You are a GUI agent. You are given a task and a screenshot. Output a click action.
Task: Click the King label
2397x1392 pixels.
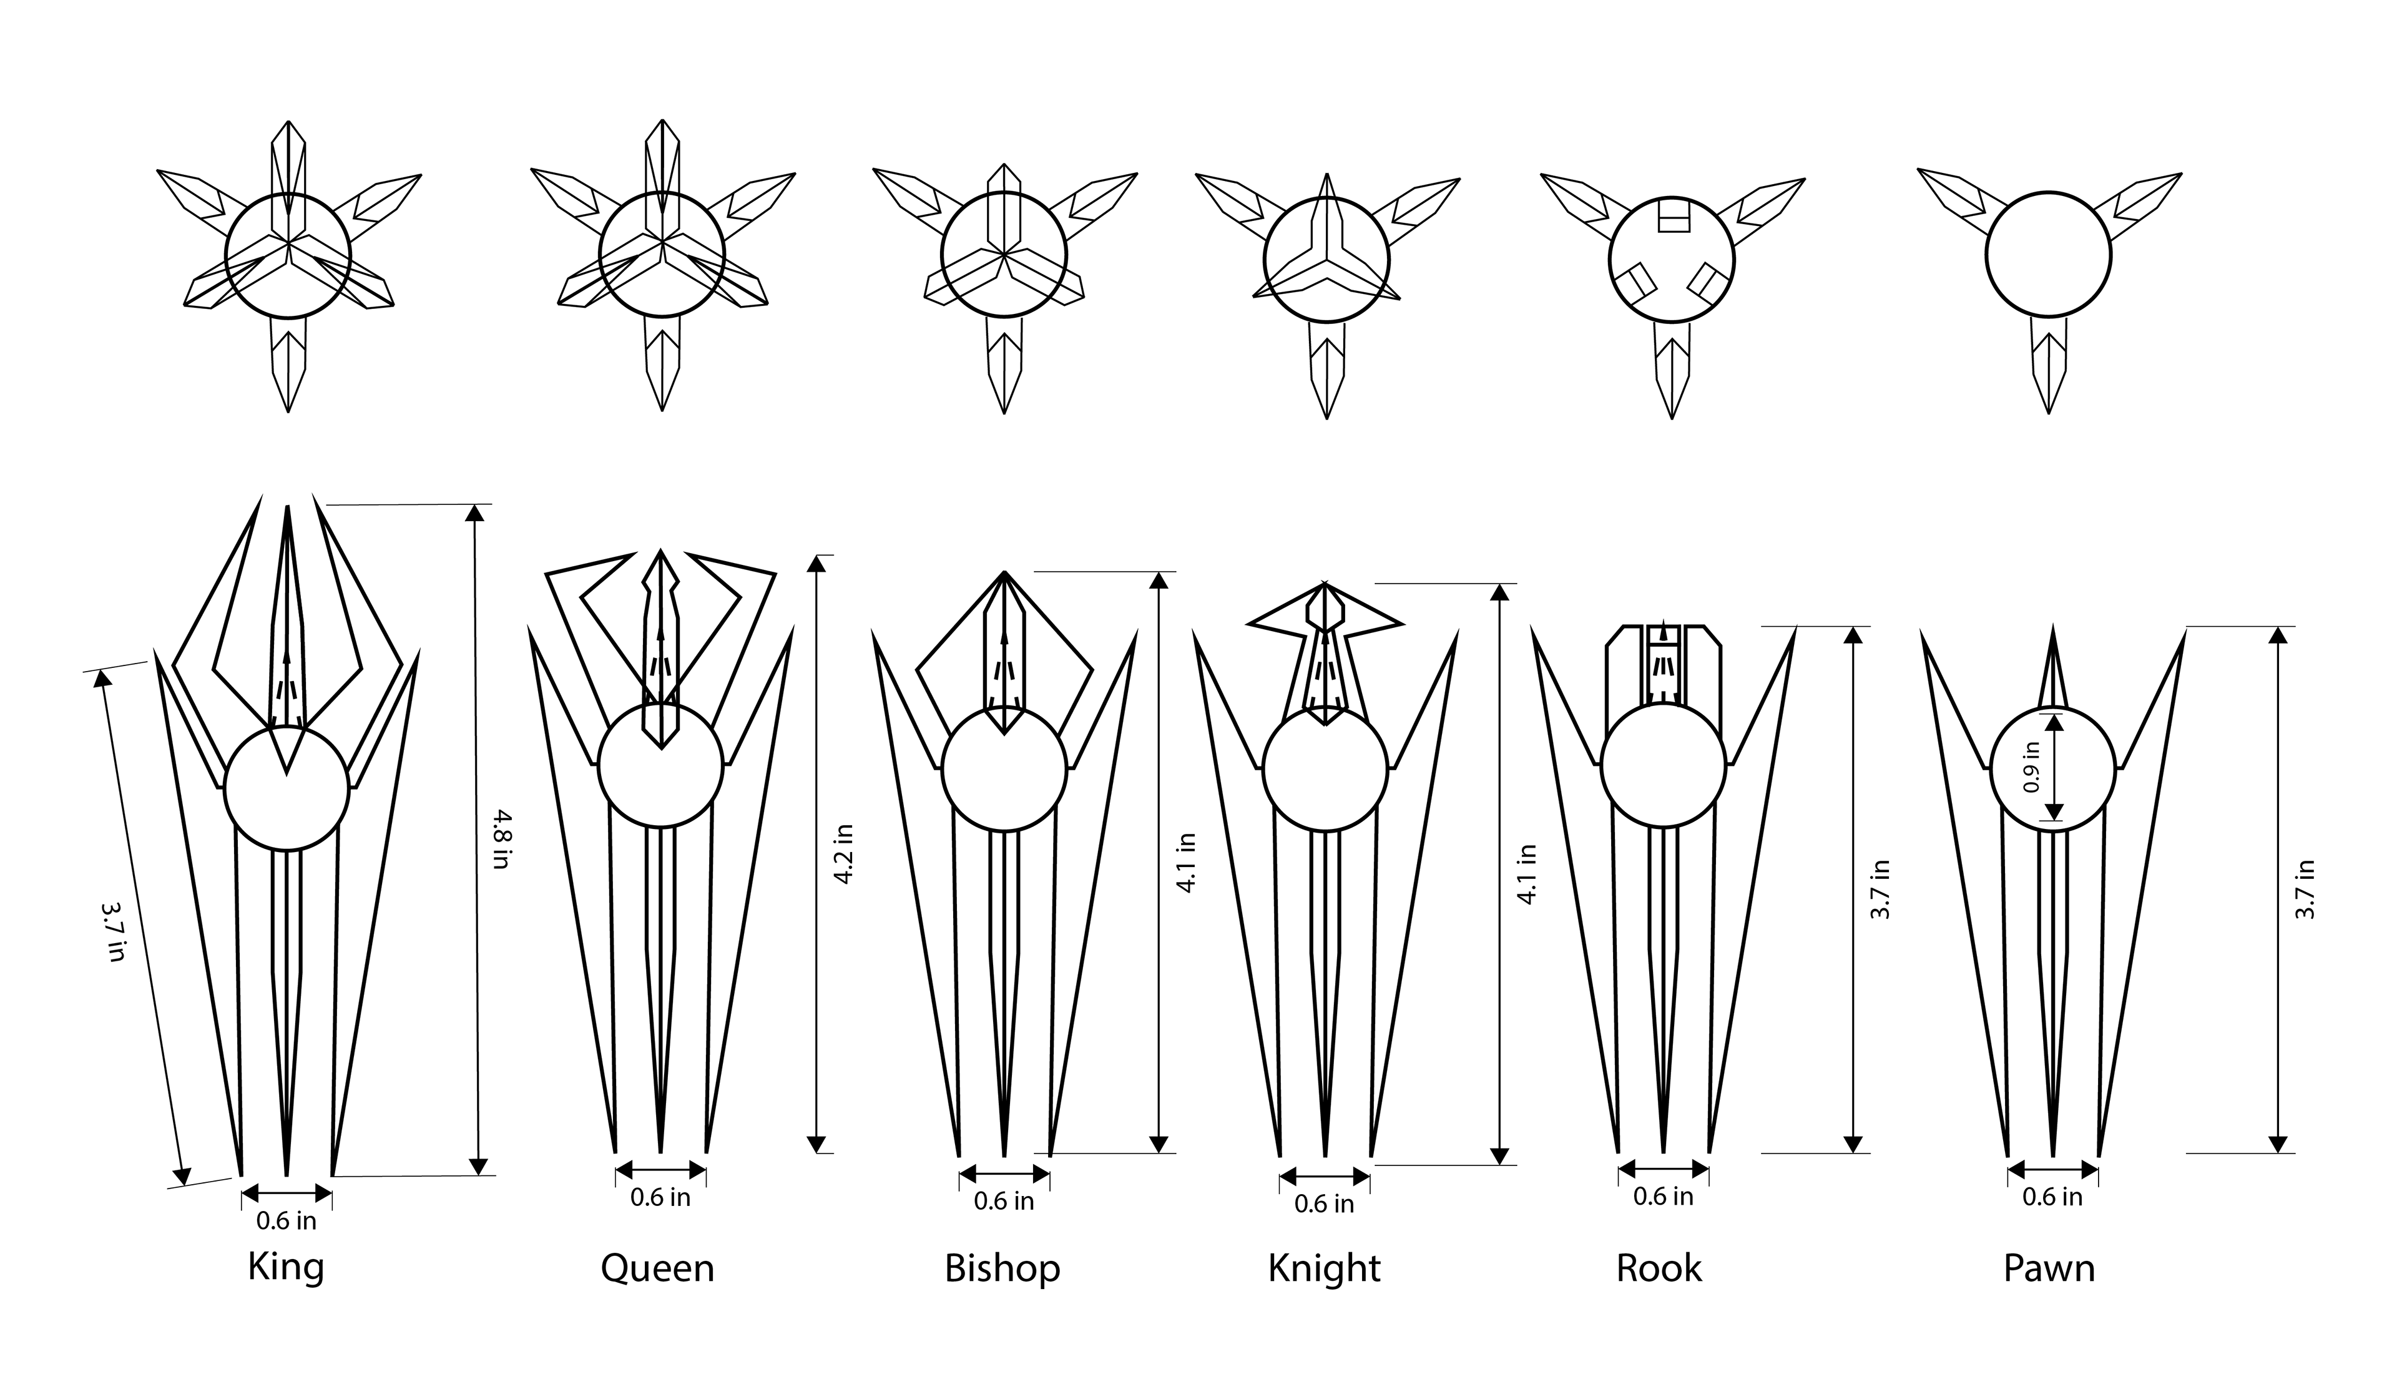point(285,1267)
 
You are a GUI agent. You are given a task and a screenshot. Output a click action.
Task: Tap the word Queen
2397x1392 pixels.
point(657,1269)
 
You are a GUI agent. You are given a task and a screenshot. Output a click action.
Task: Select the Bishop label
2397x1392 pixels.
point(1002,1269)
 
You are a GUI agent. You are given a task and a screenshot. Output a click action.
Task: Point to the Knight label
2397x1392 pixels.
point(1324,1269)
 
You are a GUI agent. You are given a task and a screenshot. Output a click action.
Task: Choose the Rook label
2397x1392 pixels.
point(1659,1269)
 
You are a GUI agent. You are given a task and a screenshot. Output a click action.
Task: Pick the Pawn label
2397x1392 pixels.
point(2049,1269)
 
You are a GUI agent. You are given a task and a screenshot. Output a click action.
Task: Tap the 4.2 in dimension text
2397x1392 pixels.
point(843,853)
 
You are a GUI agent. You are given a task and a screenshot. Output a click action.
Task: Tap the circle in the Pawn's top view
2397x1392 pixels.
point(2049,255)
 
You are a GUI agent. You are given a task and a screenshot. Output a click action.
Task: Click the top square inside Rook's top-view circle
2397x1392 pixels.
point(1673,216)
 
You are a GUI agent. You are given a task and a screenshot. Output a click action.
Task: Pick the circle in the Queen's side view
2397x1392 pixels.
point(660,766)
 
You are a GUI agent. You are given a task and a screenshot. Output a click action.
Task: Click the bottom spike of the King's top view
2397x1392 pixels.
point(288,366)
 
